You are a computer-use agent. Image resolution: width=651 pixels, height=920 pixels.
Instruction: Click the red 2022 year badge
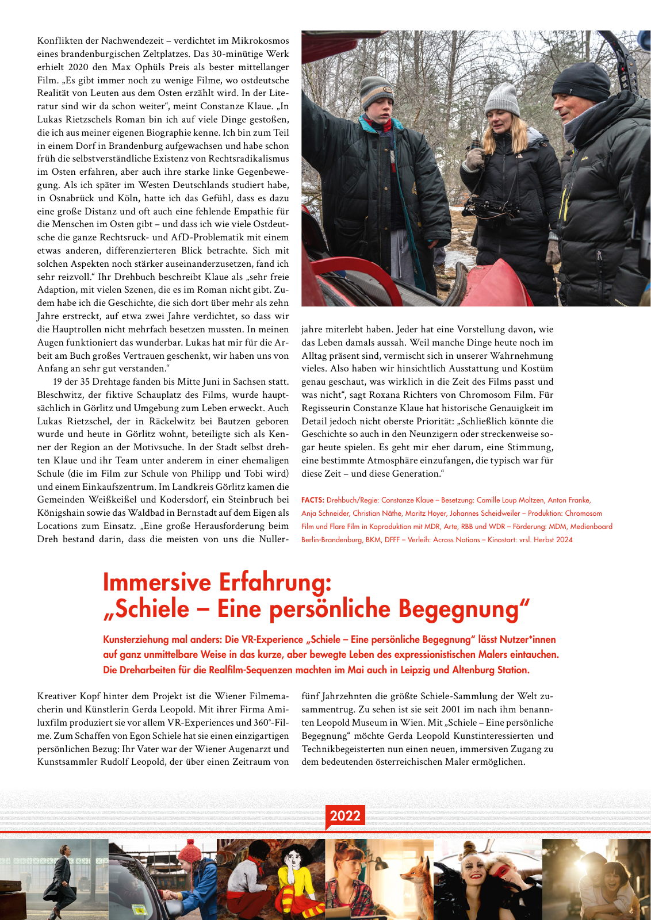(x=345, y=815)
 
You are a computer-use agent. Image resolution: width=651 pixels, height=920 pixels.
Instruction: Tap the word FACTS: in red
(x=313, y=500)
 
